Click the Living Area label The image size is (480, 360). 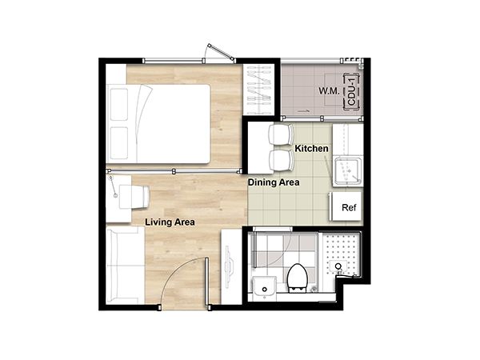coord(170,222)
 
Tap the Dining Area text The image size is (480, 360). coord(274,182)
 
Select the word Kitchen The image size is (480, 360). coord(311,149)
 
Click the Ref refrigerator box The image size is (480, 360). coord(346,206)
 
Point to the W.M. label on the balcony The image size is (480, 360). coord(329,91)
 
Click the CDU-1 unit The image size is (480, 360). coord(351,91)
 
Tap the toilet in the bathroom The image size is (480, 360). coord(297,277)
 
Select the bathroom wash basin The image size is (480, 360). coord(265,287)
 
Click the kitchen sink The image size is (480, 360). coord(348,171)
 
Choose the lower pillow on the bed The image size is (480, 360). coord(118,143)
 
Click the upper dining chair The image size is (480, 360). coord(280,134)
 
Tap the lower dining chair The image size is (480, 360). coord(280,161)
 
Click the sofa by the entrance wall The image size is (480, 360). coord(125,265)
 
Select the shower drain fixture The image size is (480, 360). coord(338,266)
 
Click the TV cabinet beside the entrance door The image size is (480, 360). coord(231,266)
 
